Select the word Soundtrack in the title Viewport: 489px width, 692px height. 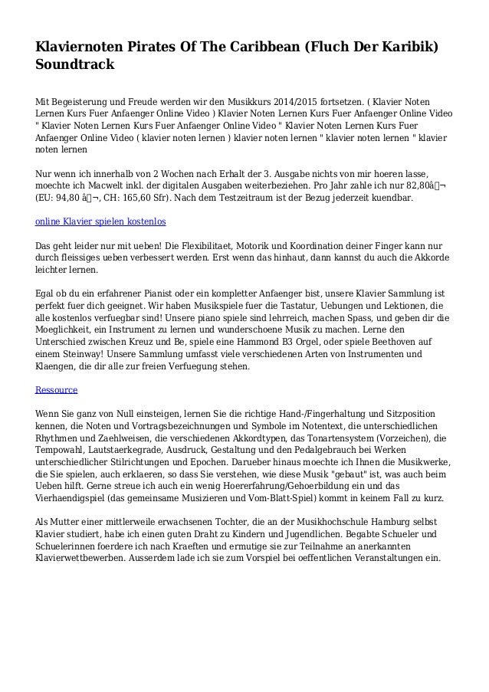coord(75,64)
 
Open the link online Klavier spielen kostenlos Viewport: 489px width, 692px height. coord(101,221)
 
